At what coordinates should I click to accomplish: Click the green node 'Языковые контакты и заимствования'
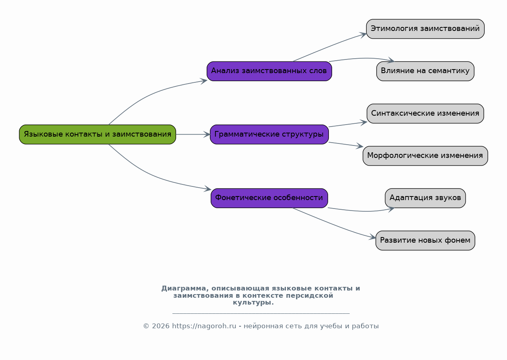coord(98,134)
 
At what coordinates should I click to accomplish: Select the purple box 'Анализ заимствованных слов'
coord(269,71)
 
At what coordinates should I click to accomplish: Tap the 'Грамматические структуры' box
coord(269,134)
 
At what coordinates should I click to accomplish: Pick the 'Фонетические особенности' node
coord(269,198)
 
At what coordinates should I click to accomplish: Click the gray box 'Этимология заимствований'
coord(425,29)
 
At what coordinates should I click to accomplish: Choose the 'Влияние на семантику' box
coord(425,71)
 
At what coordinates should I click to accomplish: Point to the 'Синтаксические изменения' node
coord(425,114)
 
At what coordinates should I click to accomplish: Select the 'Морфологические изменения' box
coord(425,156)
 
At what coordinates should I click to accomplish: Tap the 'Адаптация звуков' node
coord(425,198)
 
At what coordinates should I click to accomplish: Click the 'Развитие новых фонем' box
coord(425,240)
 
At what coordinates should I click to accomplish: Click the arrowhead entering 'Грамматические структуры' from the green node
coord(207,134)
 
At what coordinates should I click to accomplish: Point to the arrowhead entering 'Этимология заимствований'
coord(363,35)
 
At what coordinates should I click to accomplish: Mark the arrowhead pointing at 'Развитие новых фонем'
coord(373,237)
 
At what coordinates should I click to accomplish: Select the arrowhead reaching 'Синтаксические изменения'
coord(364,123)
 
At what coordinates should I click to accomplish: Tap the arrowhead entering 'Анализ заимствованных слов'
coord(203,81)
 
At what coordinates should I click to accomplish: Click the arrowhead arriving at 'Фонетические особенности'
coord(207,188)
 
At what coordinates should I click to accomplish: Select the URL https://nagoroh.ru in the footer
coord(204,326)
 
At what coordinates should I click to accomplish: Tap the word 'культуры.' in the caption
coord(253,303)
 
